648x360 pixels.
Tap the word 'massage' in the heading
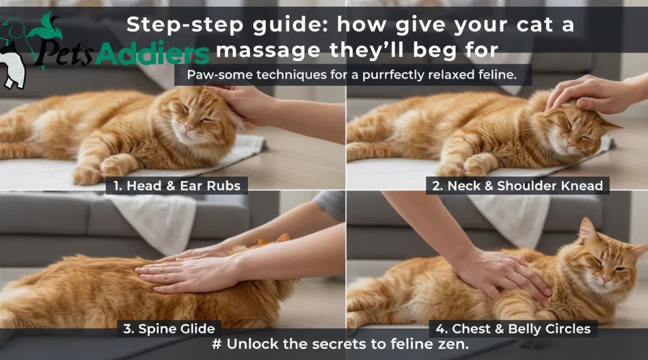pos(268,51)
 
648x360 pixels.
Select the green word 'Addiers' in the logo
pos(152,54)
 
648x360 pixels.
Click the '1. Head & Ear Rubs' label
pos(177,186)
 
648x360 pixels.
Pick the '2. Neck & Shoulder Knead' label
pos(518,186)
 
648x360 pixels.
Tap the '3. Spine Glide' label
pos(169,329)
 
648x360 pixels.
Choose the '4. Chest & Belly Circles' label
pos(513,329)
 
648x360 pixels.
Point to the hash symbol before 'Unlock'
pos(216,344)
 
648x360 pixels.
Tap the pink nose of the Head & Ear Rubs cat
pos(188,127)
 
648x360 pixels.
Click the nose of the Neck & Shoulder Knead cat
pos(572,142)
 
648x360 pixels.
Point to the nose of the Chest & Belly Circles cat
pos(605,280)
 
